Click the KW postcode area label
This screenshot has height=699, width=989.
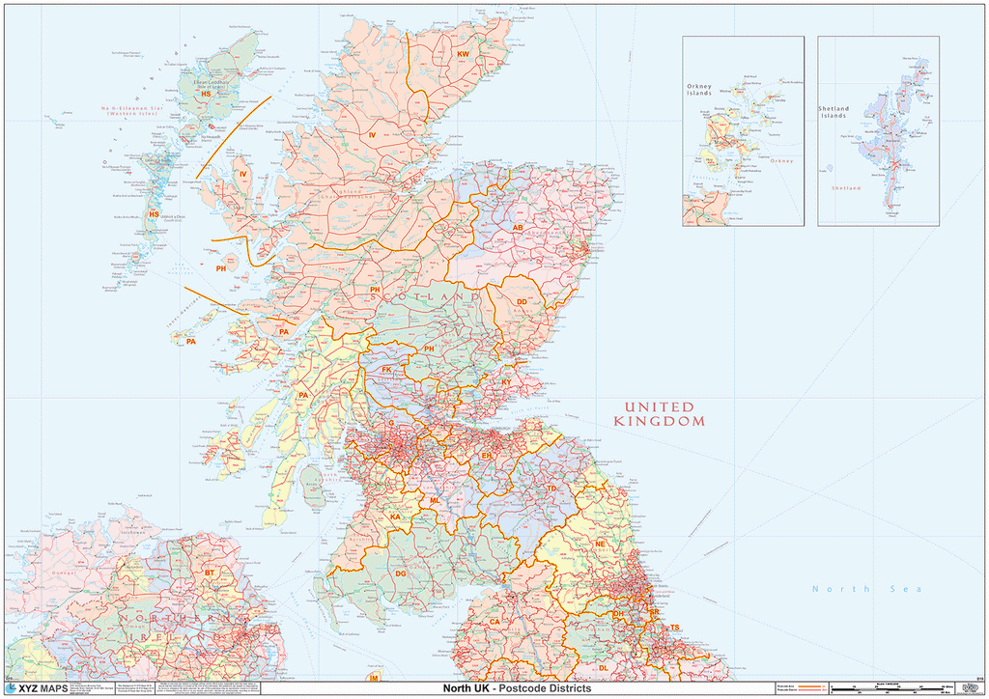[463, 54]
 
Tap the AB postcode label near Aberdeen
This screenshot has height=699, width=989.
[518, 228]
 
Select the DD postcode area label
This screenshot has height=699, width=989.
[522, 302]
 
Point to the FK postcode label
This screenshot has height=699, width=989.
[386, 370]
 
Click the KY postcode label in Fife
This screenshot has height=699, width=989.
[506, 382]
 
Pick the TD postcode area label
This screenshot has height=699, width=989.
[551, 489]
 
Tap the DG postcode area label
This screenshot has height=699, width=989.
[401, 573]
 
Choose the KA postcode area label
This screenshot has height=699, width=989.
[395, 517]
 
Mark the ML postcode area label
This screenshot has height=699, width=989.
[435, 501]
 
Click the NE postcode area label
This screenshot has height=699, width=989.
[600, 544]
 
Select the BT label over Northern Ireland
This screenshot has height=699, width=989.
[210, 573]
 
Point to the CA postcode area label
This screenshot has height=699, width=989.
[494, 622]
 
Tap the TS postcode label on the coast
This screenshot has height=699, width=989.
[675, 629]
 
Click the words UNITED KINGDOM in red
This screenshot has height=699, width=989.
[659, 414]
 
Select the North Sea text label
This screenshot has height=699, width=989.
[866, 589]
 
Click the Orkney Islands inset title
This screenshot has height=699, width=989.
[699, 90]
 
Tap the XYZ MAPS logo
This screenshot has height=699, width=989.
[37, 688]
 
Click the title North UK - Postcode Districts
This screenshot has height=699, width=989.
[510, 688]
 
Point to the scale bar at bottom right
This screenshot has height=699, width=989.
[889, 689]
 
